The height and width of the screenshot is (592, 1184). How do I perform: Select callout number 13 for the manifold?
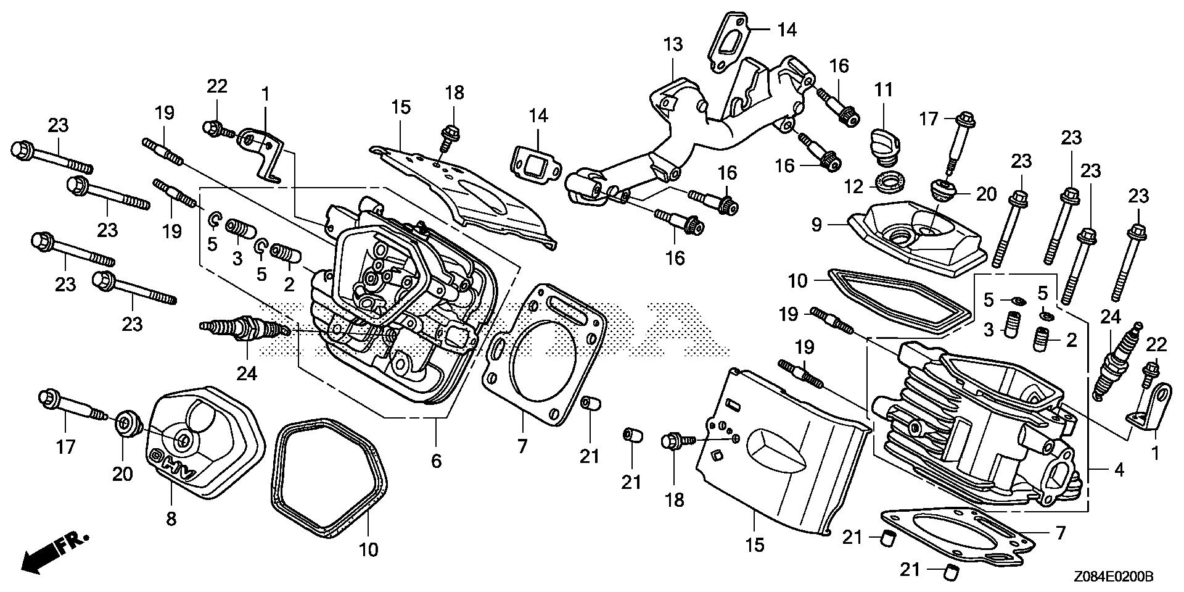pos(673,44)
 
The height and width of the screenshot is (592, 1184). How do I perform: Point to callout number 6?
pos(436,461)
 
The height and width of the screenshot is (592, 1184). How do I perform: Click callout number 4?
pos(1119,470)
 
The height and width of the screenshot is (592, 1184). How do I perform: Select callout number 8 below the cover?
pos(171,519)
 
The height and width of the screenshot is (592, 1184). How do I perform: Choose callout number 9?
pos(816,225)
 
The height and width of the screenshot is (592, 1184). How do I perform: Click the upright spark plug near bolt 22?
pos(1118,361)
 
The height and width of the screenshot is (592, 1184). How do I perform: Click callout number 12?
pos(853,186)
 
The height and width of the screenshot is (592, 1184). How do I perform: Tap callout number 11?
pos(884,90)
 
